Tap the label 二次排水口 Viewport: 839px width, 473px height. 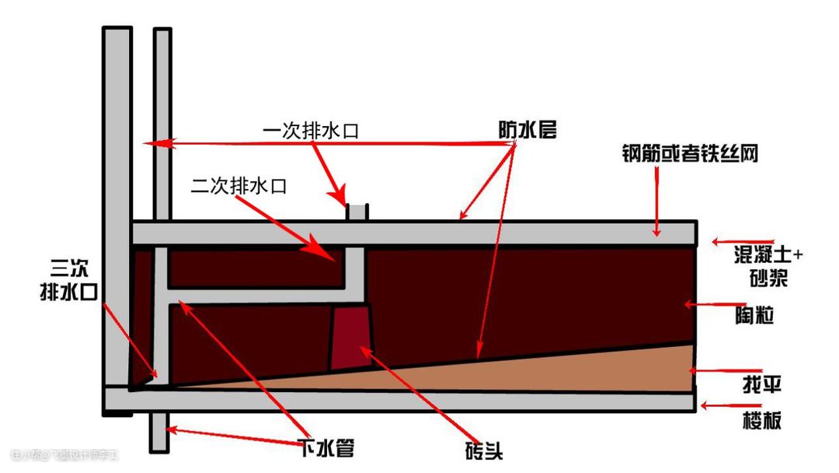pyautogui.click(x=239, y=186)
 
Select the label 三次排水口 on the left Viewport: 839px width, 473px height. pyautogui.click(x=64, y=281)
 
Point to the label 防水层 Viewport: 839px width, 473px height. pyautogui.click(x=527, y=130)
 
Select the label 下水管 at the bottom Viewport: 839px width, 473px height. pyautogui.click(x=327, y=447)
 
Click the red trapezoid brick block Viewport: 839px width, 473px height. pyautogui.click(x=350, y=337)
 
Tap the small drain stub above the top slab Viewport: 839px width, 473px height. pyautogui.click(x=358, y=212)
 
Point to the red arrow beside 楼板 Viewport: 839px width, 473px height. pyautogui.click(x=718, y=405)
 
